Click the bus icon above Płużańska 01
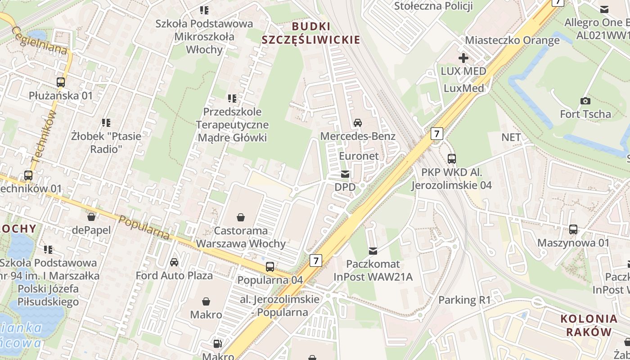pyautogui.click(x=61, y=82)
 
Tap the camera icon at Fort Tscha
pyautogui.click(x=585, y=101)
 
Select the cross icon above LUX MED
pyautogui.click(x=463, y=58)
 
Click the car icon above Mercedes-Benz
pyautogui.click(x=358, y=123)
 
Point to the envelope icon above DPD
pyautogui.click(x=345, y=174)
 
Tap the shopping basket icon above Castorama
pyautogui.click(x=241, y=218)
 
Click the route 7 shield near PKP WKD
pyautogui.click(x=436, y=133)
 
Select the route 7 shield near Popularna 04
pyautogui.click(x=316, y=260)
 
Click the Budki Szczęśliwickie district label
pyautogui.click(x=311, y=33)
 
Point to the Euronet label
pyautogui.click(x=359, y=156)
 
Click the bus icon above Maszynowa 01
pyautogui.click(x=573, y=229)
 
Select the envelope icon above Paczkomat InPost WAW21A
pyautogui.click(x=373, y=251)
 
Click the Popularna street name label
pyautogui.click(x=144, y=227)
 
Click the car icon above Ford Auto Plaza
pyautogui.click(x=174, y=262)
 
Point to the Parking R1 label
pyautogui.click(x=464, y=300)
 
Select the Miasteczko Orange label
pyautogui.click(x=512, y=40)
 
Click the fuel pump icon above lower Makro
pyautogui.click(x=218, y=344)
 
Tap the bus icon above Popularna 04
pyautogui.click(x=270, y=267)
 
